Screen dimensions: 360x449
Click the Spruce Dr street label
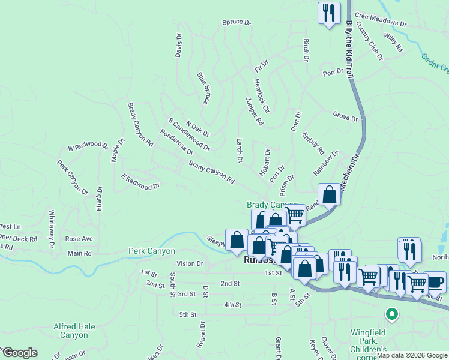236,22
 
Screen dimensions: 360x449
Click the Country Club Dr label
370,40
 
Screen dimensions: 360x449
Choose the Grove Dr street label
345,115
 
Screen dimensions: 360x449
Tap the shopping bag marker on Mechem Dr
329,195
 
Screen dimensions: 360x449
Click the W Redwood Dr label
88,146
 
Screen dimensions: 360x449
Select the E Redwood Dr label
140,182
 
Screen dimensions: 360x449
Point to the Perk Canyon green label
152,251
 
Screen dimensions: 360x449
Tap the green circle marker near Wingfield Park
391,313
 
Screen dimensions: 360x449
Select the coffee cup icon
434,282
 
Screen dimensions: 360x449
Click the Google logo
19,353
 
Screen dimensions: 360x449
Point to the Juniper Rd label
255,111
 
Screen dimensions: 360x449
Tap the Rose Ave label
79,239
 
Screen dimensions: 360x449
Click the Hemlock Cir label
262,96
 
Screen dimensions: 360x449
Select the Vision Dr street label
190,263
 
